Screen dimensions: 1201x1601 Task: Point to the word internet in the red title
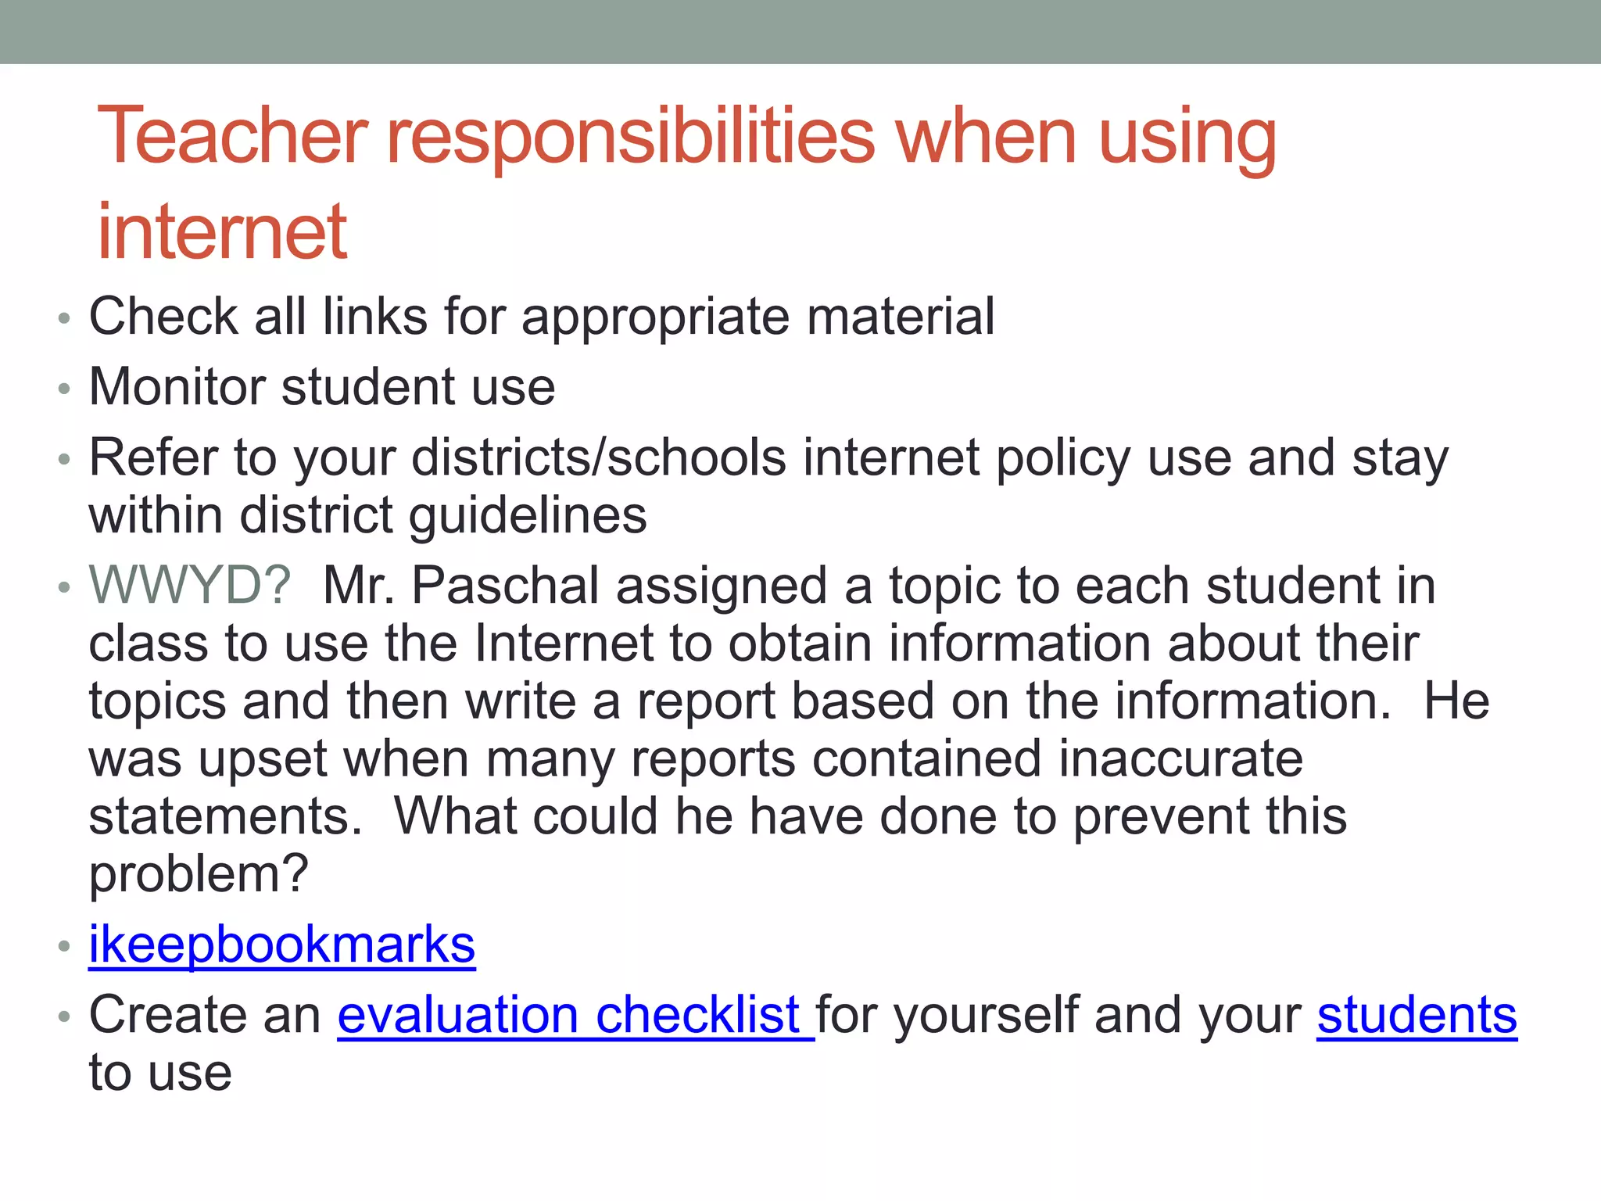(222, 231)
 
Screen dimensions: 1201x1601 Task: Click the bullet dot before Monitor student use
(64, 389)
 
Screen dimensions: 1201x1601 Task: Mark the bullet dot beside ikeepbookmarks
(64, 947)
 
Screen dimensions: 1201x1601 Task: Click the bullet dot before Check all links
(64, 318)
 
